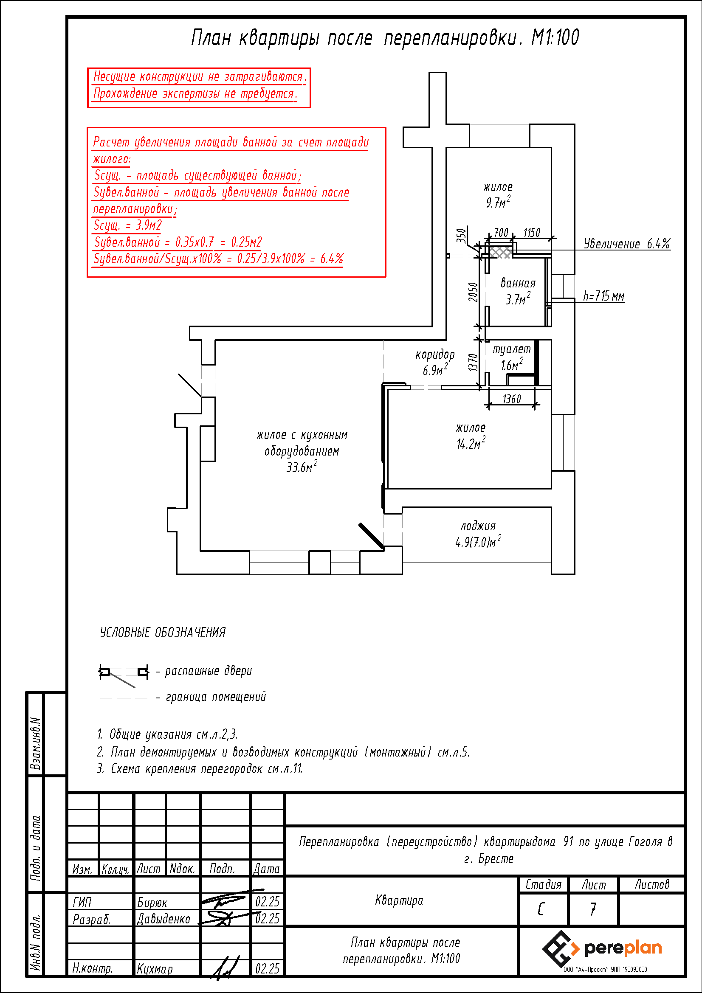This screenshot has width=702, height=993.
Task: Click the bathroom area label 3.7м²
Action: coord(518,299)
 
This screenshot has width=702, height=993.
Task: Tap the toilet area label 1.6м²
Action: coord(512,365)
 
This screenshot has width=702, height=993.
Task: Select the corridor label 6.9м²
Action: coord(435,370)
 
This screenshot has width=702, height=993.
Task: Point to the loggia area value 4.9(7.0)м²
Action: coord(478,541)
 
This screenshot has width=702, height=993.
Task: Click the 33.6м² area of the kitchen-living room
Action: coord(302,467)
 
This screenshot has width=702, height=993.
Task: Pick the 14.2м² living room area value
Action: coord(471,443)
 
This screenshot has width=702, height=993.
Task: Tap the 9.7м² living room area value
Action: coord(498,202)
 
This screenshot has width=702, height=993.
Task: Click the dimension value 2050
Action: coord(473,292)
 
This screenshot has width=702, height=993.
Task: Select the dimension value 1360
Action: coord(511,399)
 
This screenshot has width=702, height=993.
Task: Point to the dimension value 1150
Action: coord(532,233)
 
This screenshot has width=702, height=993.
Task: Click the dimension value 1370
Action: coord(473,363)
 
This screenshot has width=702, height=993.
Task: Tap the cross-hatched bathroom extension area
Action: coord(501,252)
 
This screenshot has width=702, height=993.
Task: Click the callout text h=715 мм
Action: coord(603,296)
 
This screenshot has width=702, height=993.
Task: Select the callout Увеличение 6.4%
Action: coord(626,244)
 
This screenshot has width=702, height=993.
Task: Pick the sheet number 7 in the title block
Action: coord(593,909)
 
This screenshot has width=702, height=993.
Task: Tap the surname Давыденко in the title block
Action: coord(164,919)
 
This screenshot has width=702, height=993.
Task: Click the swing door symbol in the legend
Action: coord(123,672)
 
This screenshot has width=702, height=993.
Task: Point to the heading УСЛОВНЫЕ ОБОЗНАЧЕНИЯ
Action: coord(163,633)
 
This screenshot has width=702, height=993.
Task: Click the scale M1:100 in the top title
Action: coord(555,38)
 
